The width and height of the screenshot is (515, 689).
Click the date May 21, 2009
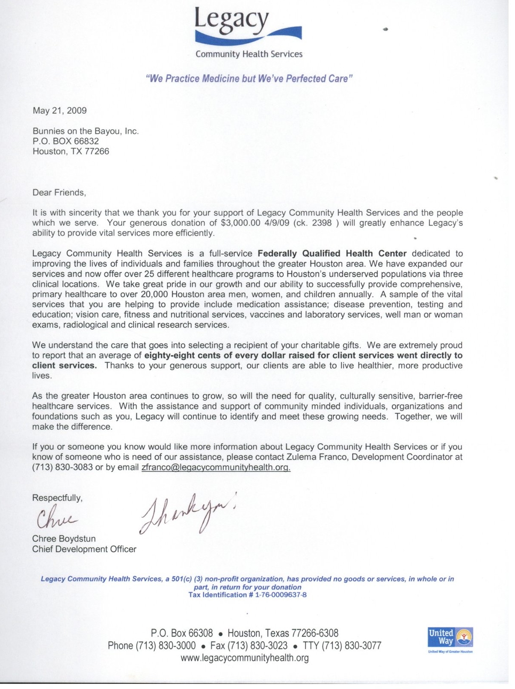pos(60,111)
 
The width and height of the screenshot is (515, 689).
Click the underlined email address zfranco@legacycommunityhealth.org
pos(216,468)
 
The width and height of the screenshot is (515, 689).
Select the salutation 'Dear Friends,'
pos(59,192)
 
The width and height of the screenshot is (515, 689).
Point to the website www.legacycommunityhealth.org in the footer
pos(245,658)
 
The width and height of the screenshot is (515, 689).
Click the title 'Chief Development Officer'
pos(84,549)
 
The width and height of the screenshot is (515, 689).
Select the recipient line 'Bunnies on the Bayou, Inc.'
pos(86,131)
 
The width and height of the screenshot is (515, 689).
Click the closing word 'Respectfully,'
pos(57,498)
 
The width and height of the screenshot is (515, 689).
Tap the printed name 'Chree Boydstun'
pos(64,539)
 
